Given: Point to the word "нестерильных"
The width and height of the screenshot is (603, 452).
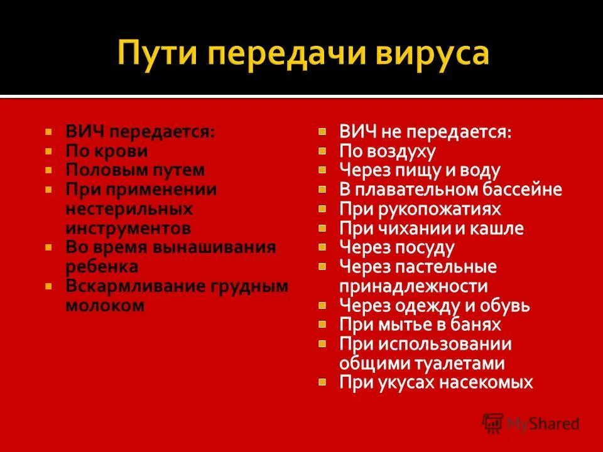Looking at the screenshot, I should point(129,208).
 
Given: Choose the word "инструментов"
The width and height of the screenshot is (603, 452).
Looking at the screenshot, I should point(128,227).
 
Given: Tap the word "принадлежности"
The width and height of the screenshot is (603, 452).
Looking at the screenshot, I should point(413,286).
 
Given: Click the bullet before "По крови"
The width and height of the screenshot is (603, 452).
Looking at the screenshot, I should point(48,151).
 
